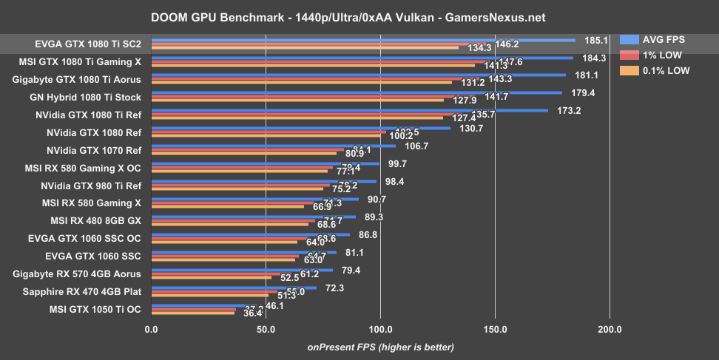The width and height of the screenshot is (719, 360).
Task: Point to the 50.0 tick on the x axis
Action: [266, 329]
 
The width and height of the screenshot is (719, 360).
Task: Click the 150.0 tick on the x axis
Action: [495, 329]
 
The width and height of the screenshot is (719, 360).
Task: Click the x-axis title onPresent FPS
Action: [380, 347]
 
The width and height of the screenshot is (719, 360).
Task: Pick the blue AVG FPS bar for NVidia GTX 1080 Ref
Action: [300, 128]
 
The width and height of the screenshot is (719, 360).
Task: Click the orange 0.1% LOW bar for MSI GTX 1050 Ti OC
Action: [193, 313]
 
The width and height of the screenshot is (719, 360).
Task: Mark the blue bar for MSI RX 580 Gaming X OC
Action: [265, 163]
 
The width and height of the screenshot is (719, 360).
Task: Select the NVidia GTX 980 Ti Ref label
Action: [91, 186]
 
